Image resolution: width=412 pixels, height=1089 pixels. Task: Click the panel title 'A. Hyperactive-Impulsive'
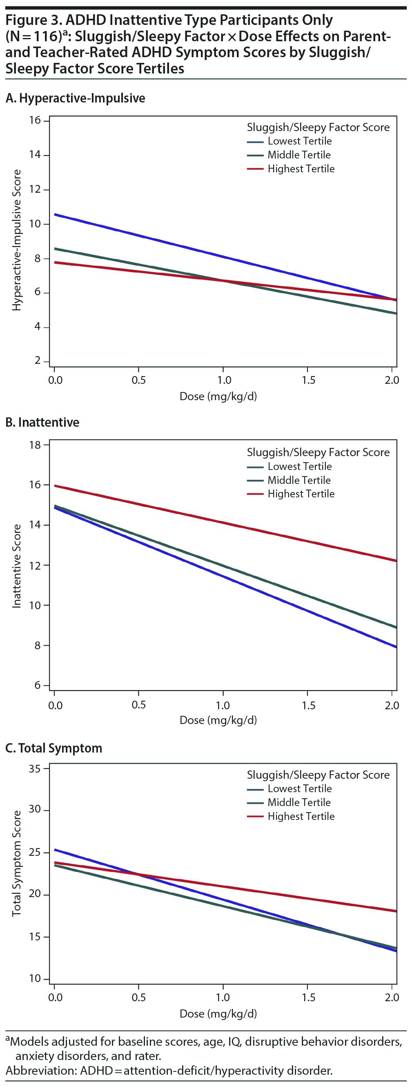(x=75, y=98)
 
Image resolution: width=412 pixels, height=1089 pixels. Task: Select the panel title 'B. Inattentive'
(x=42, y=422)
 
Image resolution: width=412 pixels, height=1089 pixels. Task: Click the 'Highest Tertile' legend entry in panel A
(x=301, y=169)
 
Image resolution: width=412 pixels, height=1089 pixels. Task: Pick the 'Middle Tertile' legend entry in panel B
(x=299, y=480)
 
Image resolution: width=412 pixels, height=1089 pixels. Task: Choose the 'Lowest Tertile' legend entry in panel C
(x=299, y=788)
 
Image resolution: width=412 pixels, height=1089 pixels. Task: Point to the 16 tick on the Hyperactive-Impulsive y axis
(x=35, y=120)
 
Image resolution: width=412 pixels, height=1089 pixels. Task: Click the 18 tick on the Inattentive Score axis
(x=35, y=445)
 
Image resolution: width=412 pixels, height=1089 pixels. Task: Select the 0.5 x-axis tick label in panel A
(x=138, y=380)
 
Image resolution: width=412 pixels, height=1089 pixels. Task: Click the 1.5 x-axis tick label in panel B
(x=308, y=705)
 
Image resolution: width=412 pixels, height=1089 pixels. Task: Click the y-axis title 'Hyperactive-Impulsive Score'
(x=16, y=240)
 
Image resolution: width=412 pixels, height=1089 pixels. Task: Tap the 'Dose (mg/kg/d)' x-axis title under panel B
(x=218, y=720)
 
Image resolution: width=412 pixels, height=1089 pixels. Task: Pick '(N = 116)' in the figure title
(x=34, y=36)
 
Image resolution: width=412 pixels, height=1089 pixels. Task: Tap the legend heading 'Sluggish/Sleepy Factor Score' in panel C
(x=318, y=775)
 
